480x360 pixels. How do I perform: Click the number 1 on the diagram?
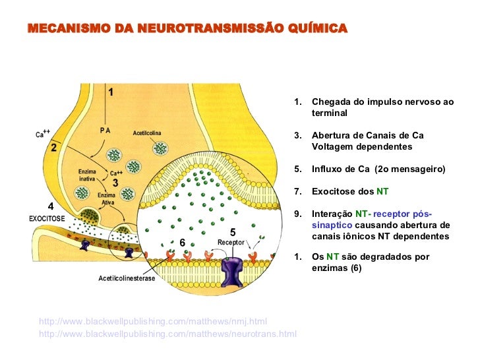(x=110, y=92)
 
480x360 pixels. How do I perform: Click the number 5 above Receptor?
(x=233, y=232)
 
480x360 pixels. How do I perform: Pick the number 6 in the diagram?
(x=182, y=243)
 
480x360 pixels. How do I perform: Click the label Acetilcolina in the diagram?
(x=147, y=133)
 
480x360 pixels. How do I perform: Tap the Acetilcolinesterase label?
(x=127, y=278)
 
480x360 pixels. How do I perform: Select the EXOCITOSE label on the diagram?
(x=47, y=216)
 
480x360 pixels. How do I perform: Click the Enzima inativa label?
(x=86, y=175)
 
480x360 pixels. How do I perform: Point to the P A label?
(x=105, y=131)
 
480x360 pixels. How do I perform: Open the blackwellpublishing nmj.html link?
(x=153, y=322)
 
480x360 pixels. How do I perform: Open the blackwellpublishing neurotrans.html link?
(x=168, y=334)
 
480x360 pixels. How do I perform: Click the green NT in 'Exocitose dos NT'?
(x=382, y=192)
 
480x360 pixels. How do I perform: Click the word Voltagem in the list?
(x=334, y=146)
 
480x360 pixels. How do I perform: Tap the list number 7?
(x=298, y=192)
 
